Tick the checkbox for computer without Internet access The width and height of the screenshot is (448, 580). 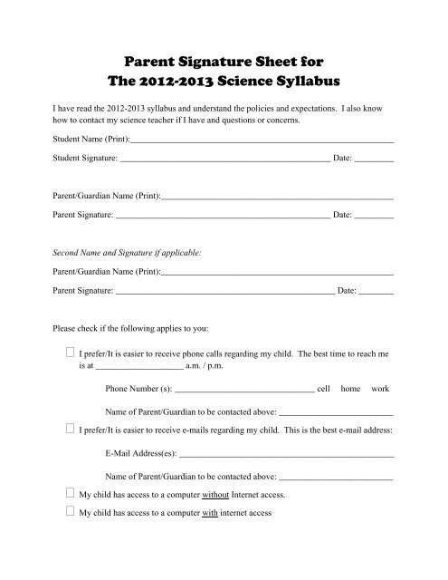(71, 494)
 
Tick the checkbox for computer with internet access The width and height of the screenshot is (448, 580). (71, 511)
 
